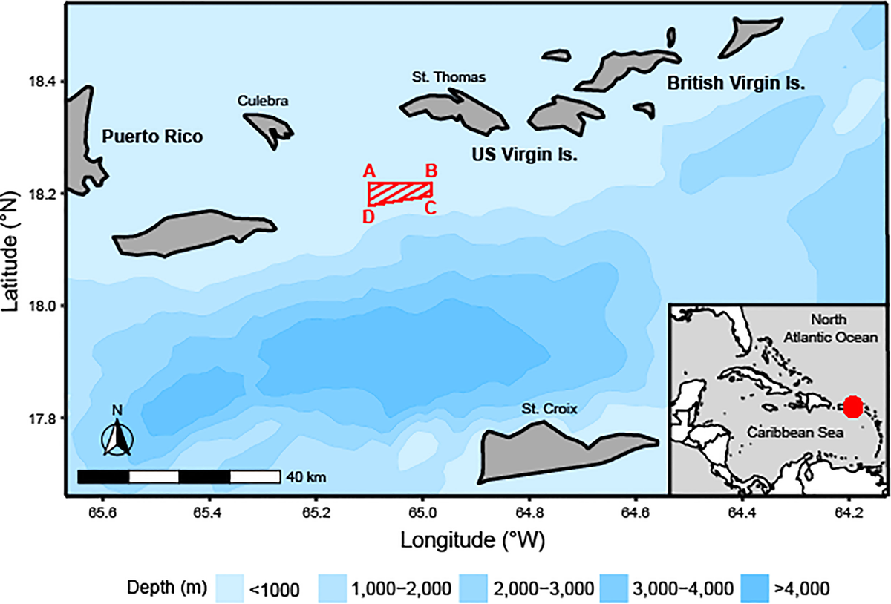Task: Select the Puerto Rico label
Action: [151, 137]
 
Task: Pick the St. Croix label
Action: [549, 408]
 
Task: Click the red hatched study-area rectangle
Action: [400, 192]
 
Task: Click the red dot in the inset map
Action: [852, 407]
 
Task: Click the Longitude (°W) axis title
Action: [473, 539]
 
